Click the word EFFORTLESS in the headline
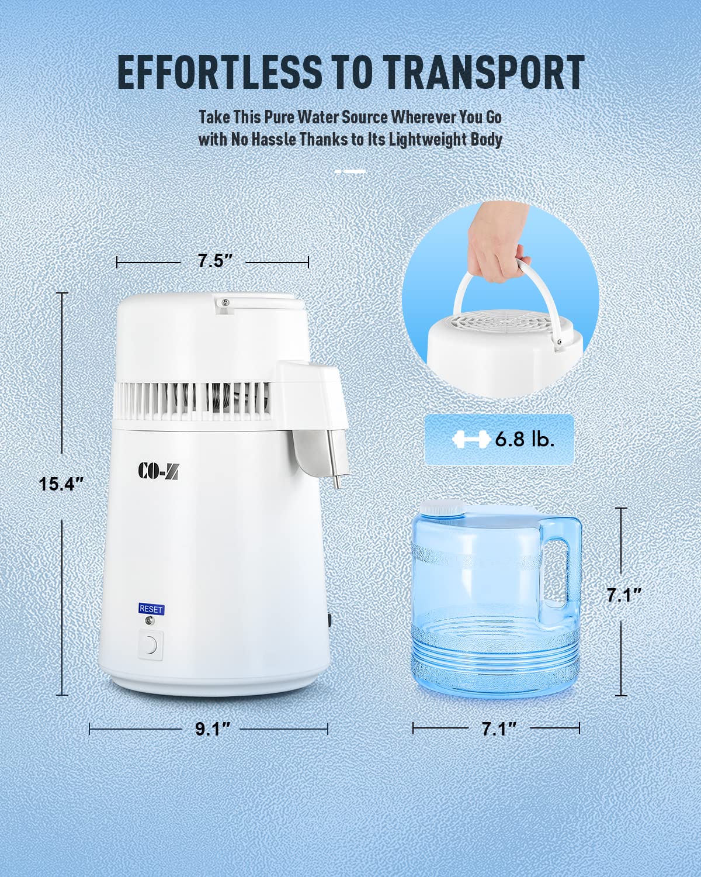pyautogui.click(x=219, y=72)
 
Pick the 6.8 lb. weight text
pyautogui.click(x=525, y=440)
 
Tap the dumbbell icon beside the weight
pyautogui.click(x=471, y=440)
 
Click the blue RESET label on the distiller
pyautogui.click(x=151, y=609)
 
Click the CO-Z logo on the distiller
pyautogui.click(x=158, y=471)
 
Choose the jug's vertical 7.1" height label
pyautogui.click(x=623, y=595)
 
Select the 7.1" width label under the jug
pyautogui.click(x=499, y=728)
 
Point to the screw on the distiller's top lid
pyautogui.click(x=224, y=302)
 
